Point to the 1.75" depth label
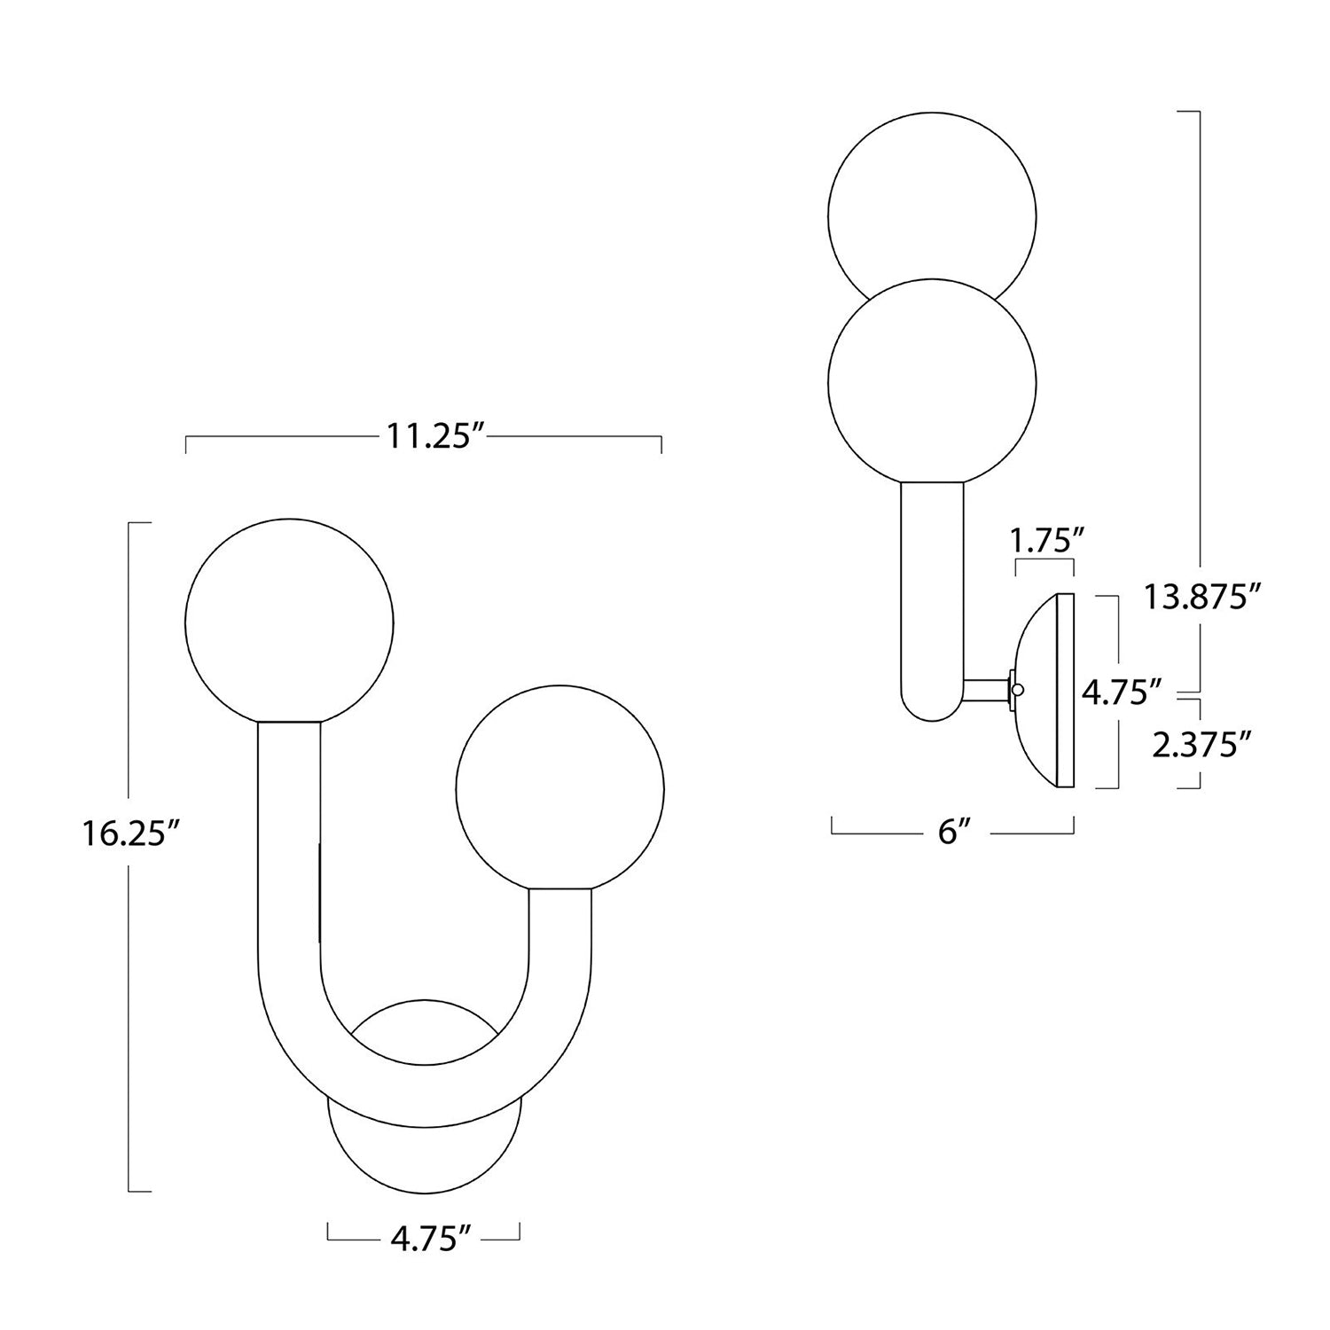[x=1044, y=541]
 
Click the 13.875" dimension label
[x=1201, y=597]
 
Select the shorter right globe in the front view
[x=559, y=786]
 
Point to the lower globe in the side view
[x=932, y=381]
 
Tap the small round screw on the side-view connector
[x=1020, y=689]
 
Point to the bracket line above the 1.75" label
[x=1044, y=564]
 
